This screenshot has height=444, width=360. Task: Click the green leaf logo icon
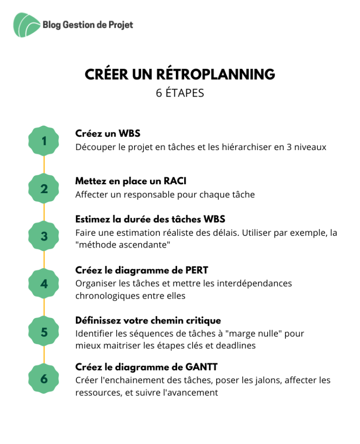click(27, 25)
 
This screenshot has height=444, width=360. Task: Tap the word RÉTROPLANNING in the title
click(215, 74)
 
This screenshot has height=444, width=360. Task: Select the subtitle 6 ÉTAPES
click(180, 93)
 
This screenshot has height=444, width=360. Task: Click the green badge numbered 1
click(44, 141)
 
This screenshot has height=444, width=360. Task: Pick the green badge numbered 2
click(44, 188)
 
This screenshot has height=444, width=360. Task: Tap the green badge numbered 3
click(44, 236)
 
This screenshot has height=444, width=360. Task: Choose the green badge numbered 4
click(44, 284)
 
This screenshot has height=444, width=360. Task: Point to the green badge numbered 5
click(44, 331)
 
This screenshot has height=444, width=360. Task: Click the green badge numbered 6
click(44, 379)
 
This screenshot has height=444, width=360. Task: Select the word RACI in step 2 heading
click(175, 181)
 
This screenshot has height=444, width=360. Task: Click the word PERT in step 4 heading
click(197, 270)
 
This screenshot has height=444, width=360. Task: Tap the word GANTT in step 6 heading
click(201, 367)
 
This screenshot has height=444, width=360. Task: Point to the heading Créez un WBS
click(108, 133)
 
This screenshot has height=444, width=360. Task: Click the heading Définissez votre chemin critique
click(148, 321)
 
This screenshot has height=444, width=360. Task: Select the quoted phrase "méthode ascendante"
click(123, 245)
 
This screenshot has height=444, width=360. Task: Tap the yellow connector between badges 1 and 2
click(44, 165)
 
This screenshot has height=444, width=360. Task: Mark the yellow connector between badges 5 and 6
click(44, 355)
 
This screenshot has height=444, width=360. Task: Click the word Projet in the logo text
click(121, 25)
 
